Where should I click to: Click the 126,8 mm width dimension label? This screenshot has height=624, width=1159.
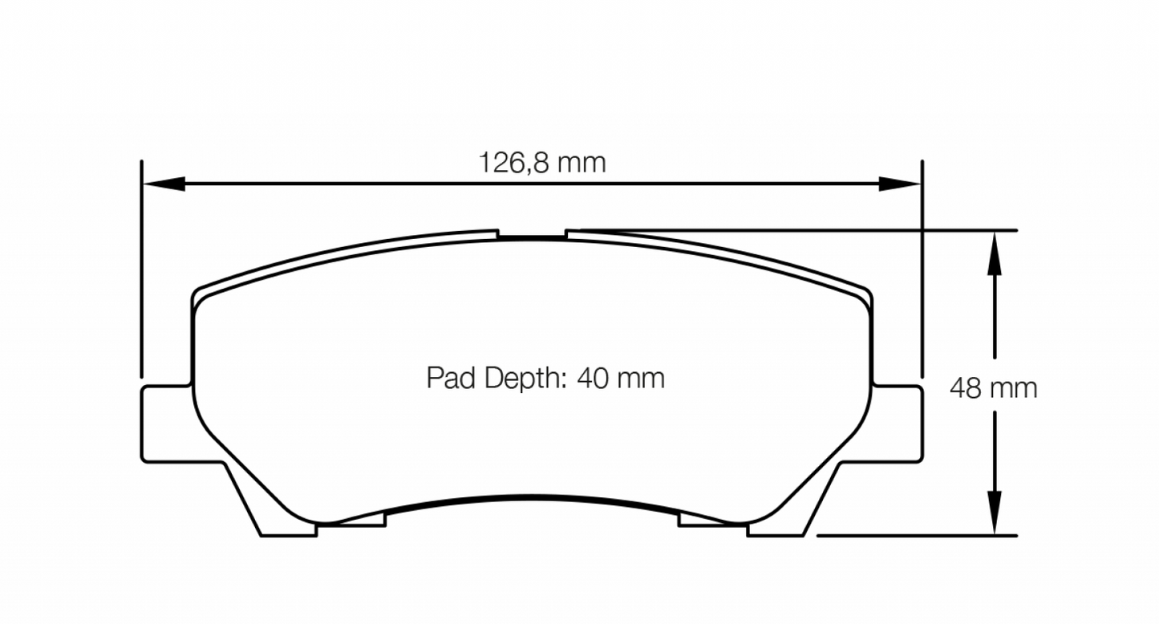(542, 163)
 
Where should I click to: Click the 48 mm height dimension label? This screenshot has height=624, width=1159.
(993, 388)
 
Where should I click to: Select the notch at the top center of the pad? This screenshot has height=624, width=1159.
(532, 235)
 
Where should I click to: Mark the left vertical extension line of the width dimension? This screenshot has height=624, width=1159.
(141, 265)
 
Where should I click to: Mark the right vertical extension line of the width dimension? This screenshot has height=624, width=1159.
(922, 265)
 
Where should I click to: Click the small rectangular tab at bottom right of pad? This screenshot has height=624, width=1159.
(710, 521)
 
